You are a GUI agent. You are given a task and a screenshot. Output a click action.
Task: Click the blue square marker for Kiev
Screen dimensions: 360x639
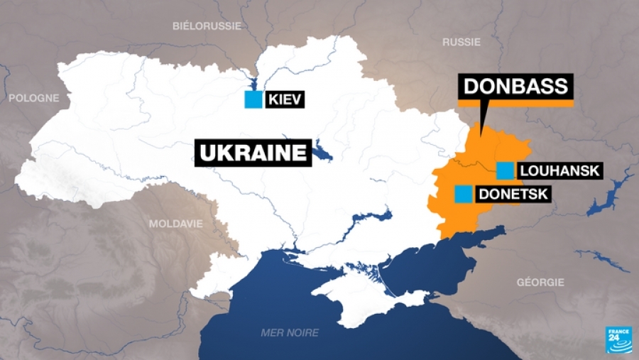pos(252,100)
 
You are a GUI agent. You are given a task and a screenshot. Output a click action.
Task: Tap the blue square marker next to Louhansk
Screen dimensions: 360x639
pos(506,170)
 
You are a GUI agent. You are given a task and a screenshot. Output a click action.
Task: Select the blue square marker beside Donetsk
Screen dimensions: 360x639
pos(464,193)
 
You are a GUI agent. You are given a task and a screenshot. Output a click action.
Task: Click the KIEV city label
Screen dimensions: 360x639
pos(285,100)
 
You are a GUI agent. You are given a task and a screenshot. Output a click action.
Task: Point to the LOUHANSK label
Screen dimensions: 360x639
pos(560,171)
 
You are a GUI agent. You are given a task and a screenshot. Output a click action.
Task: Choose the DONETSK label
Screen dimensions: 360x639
pos(514,194)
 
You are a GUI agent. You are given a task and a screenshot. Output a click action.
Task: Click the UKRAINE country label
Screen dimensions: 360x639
pos(253,153)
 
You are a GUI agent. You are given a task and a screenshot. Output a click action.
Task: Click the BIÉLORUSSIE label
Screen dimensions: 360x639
pos(207,26)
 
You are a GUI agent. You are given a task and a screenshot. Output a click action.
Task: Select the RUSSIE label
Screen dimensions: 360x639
pos(461,42)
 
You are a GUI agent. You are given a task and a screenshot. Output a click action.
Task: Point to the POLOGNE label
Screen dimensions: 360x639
pos(33,98)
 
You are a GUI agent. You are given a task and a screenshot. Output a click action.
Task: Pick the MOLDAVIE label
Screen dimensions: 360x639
pos(175,223)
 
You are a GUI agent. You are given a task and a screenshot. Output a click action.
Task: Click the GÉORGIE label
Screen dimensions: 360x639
pos(540,282)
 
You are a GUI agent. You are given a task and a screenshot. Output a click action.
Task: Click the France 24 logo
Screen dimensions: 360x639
pos(618,339)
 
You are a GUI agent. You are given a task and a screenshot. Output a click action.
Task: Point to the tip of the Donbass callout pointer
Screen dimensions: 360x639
pos(480,133)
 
